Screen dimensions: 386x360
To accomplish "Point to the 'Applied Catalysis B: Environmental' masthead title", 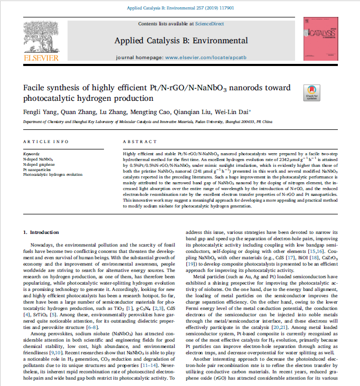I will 181,41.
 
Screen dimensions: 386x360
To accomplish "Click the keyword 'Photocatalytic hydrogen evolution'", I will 53,174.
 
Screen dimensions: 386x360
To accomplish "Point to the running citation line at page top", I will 181,7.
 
